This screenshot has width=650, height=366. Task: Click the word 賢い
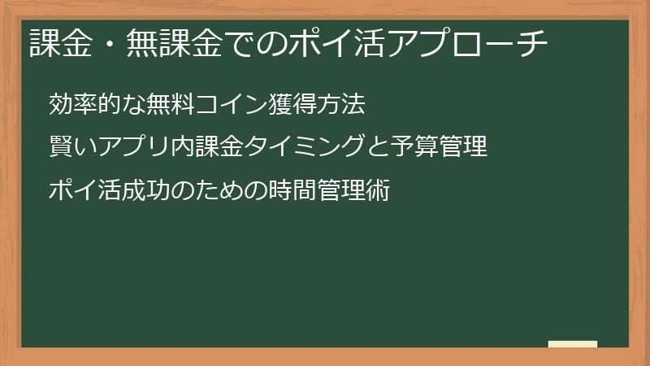coord(71,148)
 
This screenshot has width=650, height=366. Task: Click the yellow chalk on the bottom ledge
coord(573,344)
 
